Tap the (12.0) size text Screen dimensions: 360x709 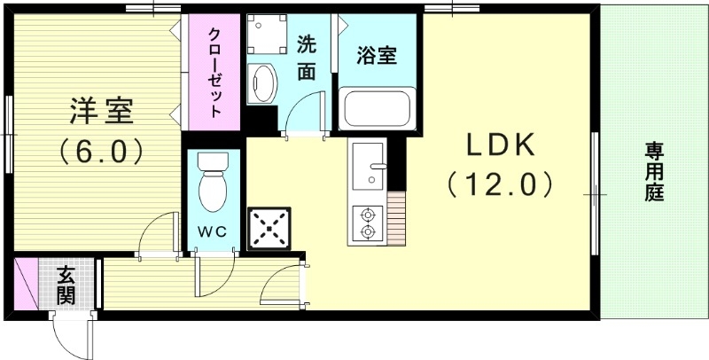tap(500, 184)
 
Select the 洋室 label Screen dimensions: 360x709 tap(102, 112)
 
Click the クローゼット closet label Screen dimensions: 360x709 tap(214, 72)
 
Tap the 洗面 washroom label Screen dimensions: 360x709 tap(306, 58)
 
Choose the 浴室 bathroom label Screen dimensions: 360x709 tap(376, 55)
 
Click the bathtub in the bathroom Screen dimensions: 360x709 tap(376, 107)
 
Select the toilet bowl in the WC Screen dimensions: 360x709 tap(213, 185)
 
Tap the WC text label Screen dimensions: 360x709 tap(213, 231)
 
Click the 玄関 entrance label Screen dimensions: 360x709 tap(66, 284)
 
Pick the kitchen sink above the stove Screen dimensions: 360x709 tap(367, 169)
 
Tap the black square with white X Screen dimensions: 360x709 tap(269, 226)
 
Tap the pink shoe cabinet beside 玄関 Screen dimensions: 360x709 tap(26, 284)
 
